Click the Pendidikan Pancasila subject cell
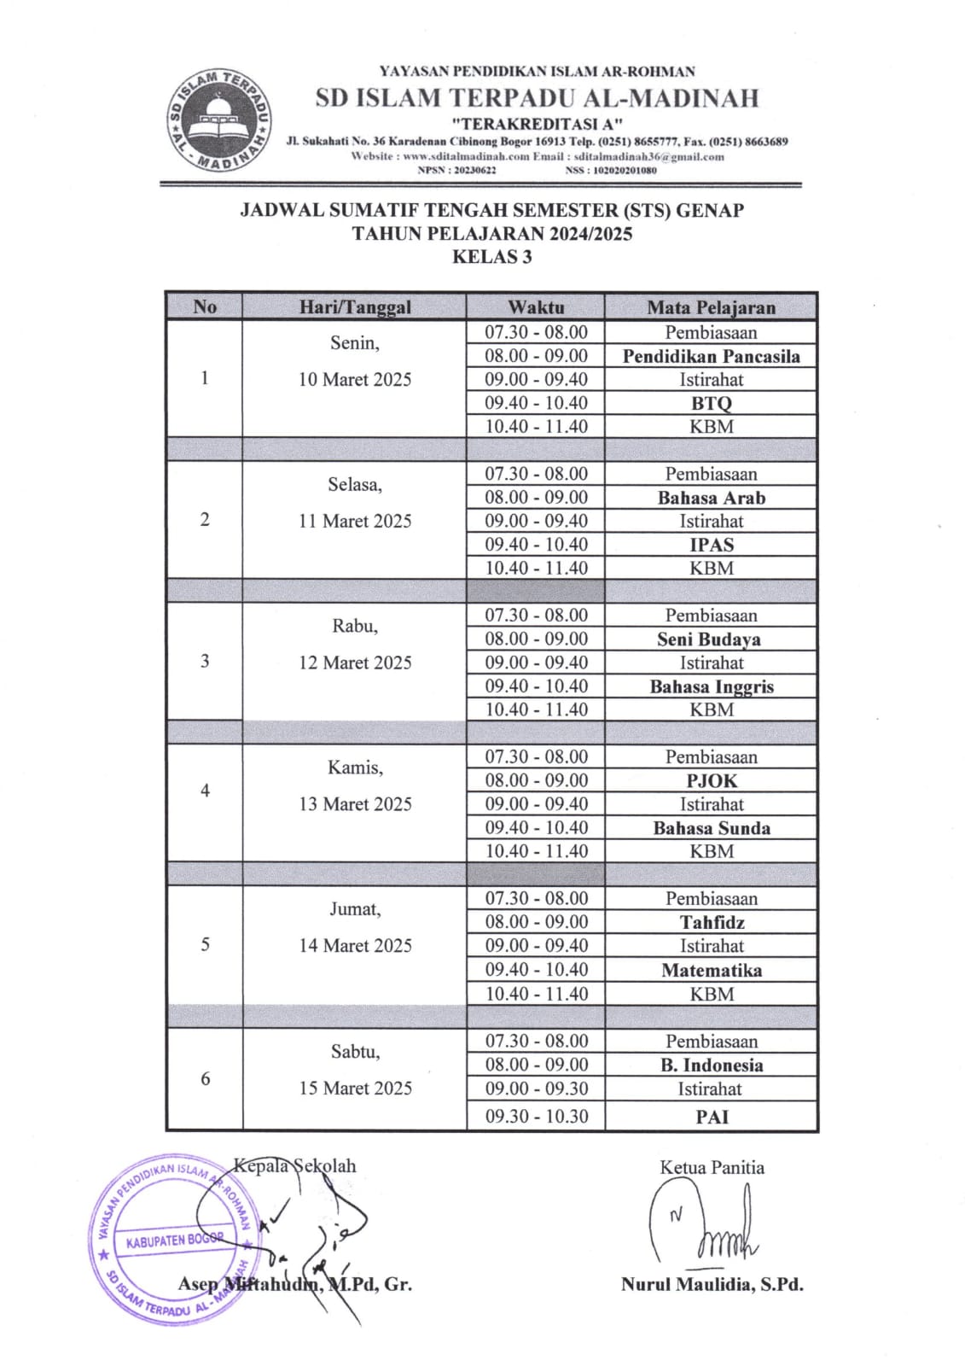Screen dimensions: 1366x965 [711, 356]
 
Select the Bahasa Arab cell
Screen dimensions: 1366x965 [711, 498]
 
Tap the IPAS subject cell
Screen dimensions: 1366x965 [711, 545]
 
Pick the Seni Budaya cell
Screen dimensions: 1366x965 [709, 639]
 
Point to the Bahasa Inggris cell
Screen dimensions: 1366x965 [711, 686]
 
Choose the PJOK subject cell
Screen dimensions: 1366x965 [711, 780]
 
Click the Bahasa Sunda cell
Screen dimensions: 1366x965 [711, 828]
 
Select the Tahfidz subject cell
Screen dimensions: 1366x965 [711, 922]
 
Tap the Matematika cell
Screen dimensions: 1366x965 [711, 970]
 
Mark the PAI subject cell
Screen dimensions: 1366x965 [711, 1116]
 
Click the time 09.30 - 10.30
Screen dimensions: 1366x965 [536, 1116]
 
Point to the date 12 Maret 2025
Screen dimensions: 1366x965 [354, 663]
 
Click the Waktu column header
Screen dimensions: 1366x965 [536, 306]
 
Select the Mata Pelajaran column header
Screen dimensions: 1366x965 [711, 306]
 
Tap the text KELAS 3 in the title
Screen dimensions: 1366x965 [491, 257]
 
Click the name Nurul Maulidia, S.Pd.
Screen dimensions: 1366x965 [712, 1284]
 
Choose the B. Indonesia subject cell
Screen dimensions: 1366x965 [711, 1065]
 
